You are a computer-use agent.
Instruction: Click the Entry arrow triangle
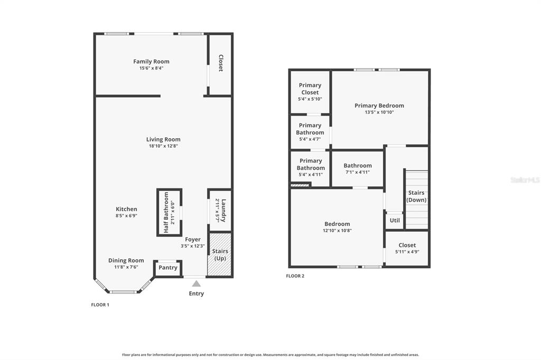tap(197, 283)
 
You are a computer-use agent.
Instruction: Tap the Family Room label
tap(151, 61)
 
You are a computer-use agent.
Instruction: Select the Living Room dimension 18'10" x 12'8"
tap(163, 146)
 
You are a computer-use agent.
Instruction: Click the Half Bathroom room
tap(170, 212)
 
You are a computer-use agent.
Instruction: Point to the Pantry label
tap(168, 268)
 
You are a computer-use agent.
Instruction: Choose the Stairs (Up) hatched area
tap(220, 254)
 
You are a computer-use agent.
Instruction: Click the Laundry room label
tap(223, 210)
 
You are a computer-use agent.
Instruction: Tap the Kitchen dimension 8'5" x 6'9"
tap(126, 215)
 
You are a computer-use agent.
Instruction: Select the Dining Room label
tap(126, 260)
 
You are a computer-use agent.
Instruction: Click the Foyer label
tap(192, 239)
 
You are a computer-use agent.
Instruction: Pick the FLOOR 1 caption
tap(100, 305)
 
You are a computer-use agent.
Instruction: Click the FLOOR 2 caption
tap(295, 276)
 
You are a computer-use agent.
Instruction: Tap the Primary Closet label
tap(310, 89)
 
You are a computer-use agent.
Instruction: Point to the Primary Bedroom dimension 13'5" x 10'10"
tap(379, 112)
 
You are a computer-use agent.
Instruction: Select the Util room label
tap(395, 220)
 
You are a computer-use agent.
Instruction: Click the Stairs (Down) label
tap(416, 196)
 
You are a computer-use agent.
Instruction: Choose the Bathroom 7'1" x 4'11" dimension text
tap(358, 172)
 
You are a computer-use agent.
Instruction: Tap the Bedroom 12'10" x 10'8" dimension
tap(337, 230)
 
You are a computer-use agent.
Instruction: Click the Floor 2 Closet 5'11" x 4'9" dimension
tap(407, 252)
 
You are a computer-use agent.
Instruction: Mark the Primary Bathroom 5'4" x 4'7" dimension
tap(310, 139)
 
